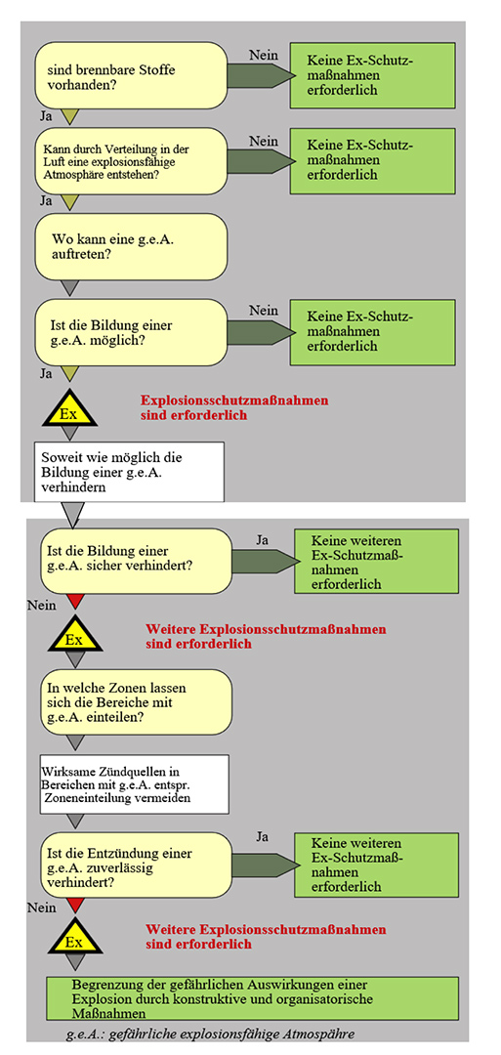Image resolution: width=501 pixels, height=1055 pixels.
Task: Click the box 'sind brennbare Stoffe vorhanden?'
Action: (x=132, y=74)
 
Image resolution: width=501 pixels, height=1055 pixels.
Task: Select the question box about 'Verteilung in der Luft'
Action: (x=132, y=160)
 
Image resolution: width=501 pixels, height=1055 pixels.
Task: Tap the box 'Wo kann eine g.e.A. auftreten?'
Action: (x=132, y=246)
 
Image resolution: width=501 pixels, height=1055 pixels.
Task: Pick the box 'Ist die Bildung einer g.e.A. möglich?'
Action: (x=132, y=332)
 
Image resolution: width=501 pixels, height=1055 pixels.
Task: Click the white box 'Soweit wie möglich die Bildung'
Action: (x=129, y=471)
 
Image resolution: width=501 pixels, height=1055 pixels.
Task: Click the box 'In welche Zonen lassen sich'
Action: (x=137, y=701)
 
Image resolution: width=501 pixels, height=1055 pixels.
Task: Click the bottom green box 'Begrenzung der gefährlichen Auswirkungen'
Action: (x=252, y=999)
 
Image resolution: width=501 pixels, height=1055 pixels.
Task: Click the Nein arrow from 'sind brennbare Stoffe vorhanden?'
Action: (x=262, y=74)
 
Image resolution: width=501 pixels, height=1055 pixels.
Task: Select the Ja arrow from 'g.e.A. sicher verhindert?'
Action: (x=265, y=561)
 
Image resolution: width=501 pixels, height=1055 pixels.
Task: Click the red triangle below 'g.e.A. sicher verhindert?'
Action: (x=74, y=601)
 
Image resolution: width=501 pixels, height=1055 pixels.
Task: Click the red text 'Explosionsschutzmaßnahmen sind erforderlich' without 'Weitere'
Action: (x=234, y=407)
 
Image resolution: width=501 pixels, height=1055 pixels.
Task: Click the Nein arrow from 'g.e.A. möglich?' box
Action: (x=262, y=332)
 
